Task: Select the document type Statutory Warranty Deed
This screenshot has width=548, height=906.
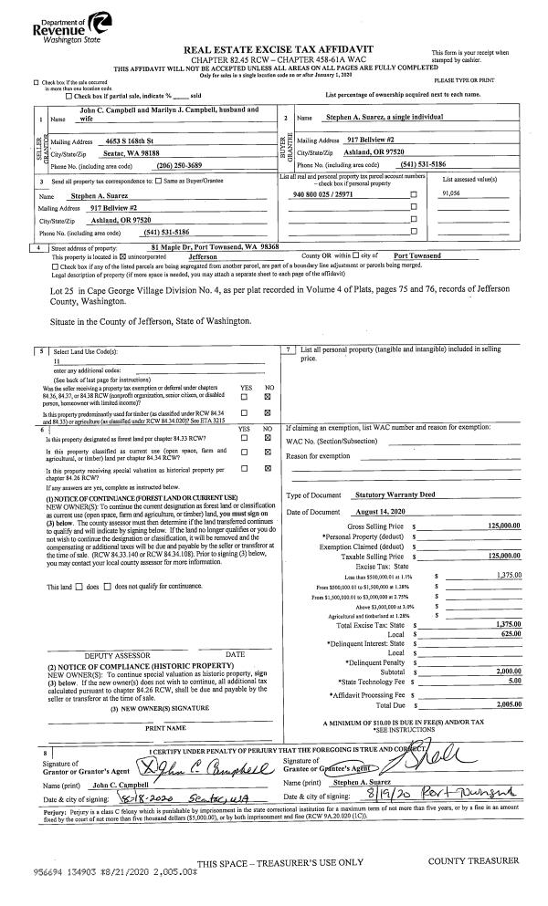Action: (x=394, y=495)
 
